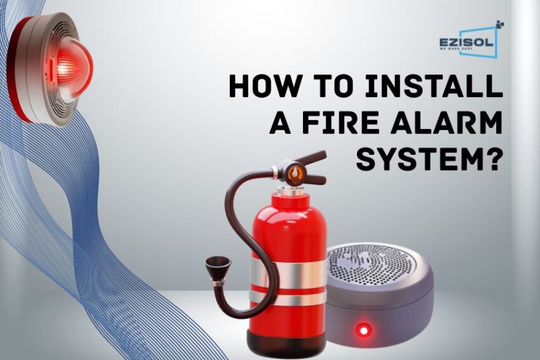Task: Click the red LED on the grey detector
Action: pos(363,330)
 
